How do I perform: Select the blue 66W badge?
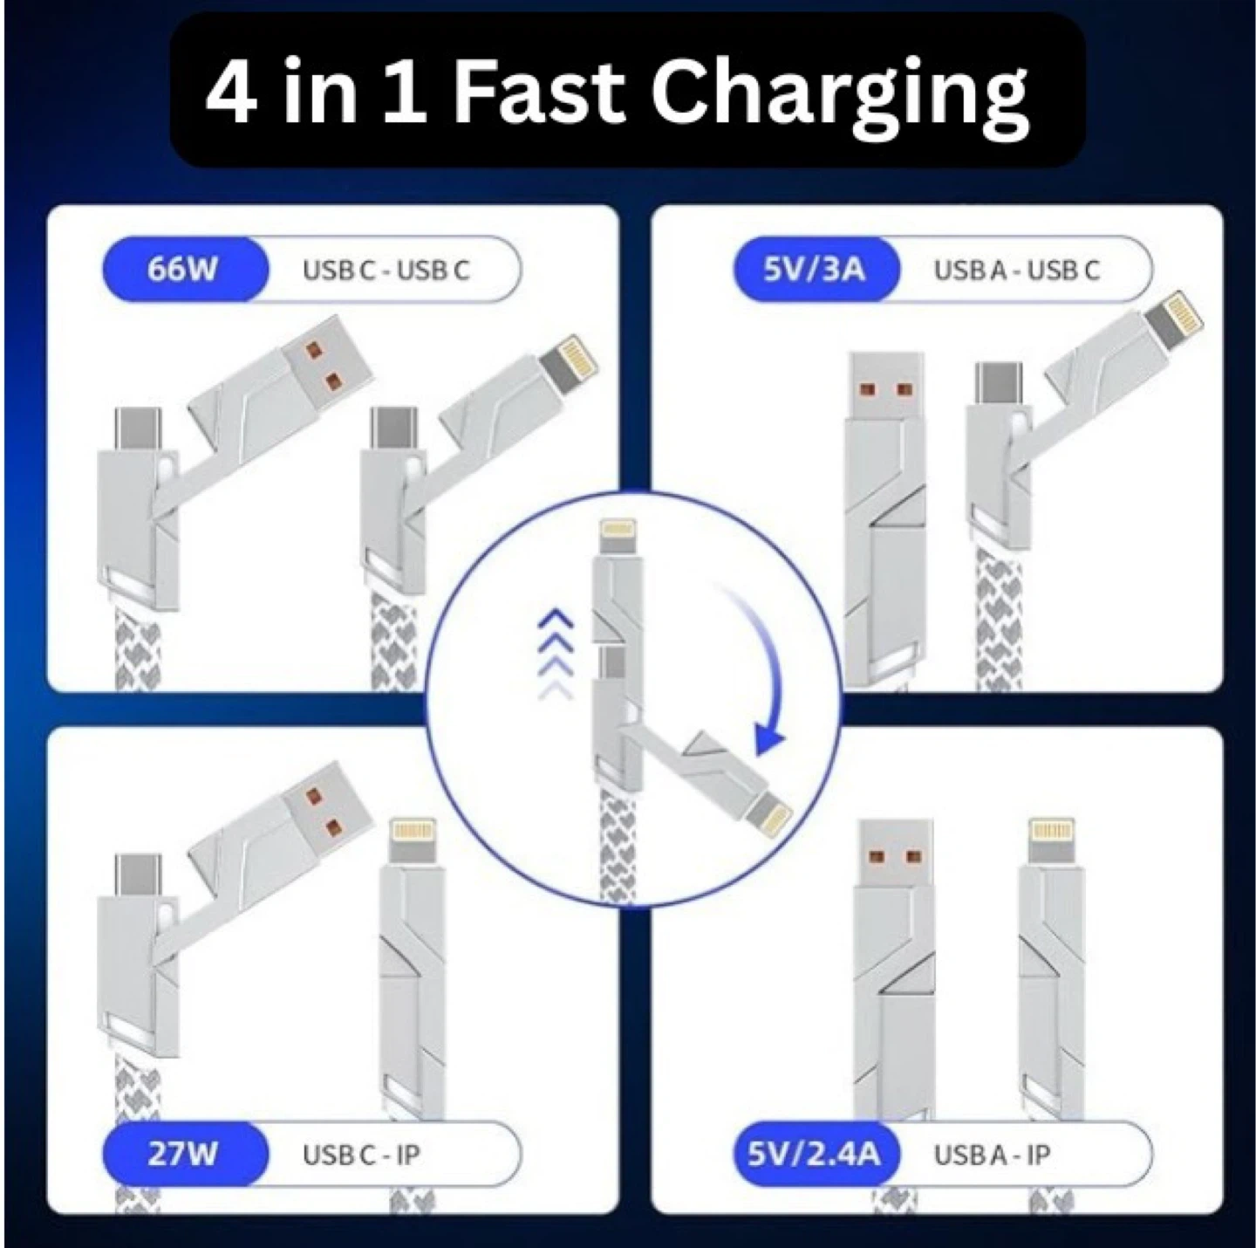[x=184, y=270]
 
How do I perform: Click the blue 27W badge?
[x=184, y=1154]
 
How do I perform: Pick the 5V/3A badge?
[x=816, y=270]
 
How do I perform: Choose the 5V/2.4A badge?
[x=816, y=1154]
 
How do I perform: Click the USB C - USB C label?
[x=386, y=270]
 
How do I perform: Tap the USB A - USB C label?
[x=1017, y=270]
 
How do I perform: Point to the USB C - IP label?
[x=361, y=1155]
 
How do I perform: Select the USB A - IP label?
[x=992, y=1155]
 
